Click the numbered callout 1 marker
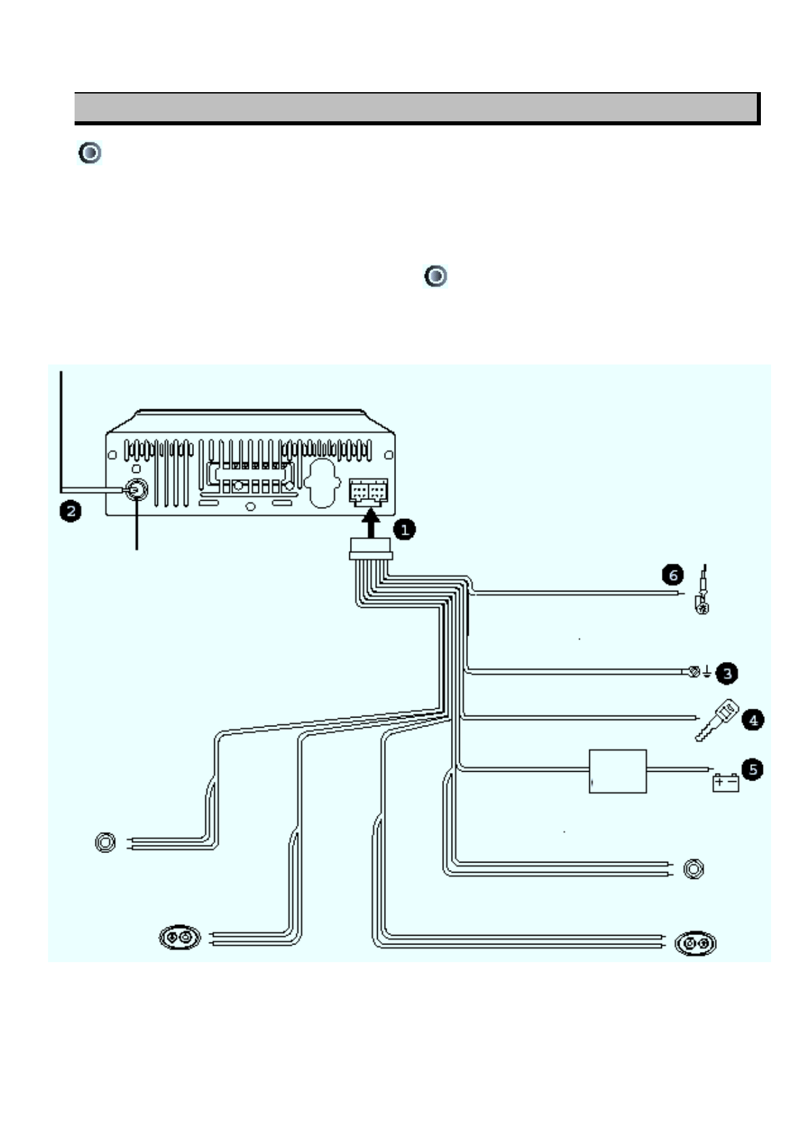(405, 529)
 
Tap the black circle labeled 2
(69, 510)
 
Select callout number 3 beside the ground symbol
(727, 673)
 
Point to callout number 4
(753, 720)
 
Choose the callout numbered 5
(752, 769)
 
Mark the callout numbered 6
(673, 575)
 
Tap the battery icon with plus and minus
(725, 783)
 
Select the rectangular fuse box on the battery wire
(617, 771)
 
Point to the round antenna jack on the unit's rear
(136, 489)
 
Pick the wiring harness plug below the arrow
(370, 549)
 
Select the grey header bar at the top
(416, 108)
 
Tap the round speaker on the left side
(105, 842)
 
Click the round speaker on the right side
(693, 869)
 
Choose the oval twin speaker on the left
(180, 938)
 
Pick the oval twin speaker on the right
(696, 943)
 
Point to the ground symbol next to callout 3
(707, 672)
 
